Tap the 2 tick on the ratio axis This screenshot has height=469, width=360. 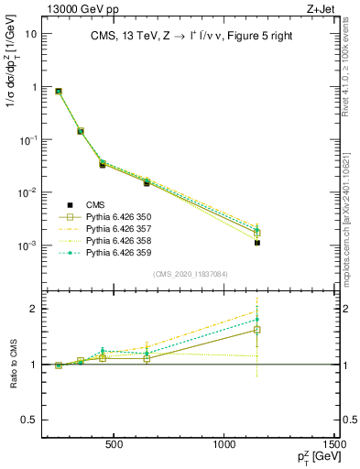click(32, 309)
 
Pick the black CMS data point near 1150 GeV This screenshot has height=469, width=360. click(258, 243)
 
